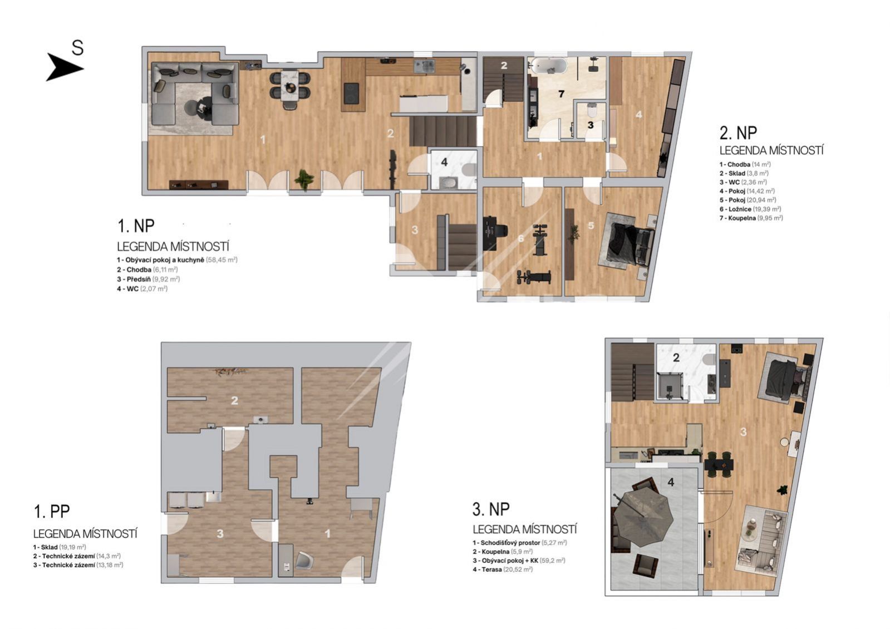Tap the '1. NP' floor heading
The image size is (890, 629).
click(x=136, y=225)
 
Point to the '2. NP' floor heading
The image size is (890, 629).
click(x=738, y=132)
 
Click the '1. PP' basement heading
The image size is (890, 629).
click(x=52, y=512)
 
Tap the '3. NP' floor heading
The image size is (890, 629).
click(x=491, y=509)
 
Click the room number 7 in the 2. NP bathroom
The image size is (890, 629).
click(x=561, y=94)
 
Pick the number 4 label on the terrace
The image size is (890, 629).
click(x=671, y=483)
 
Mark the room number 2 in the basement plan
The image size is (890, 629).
click(x=234, y=401)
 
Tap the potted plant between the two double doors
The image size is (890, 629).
click(x=304, y=178)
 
